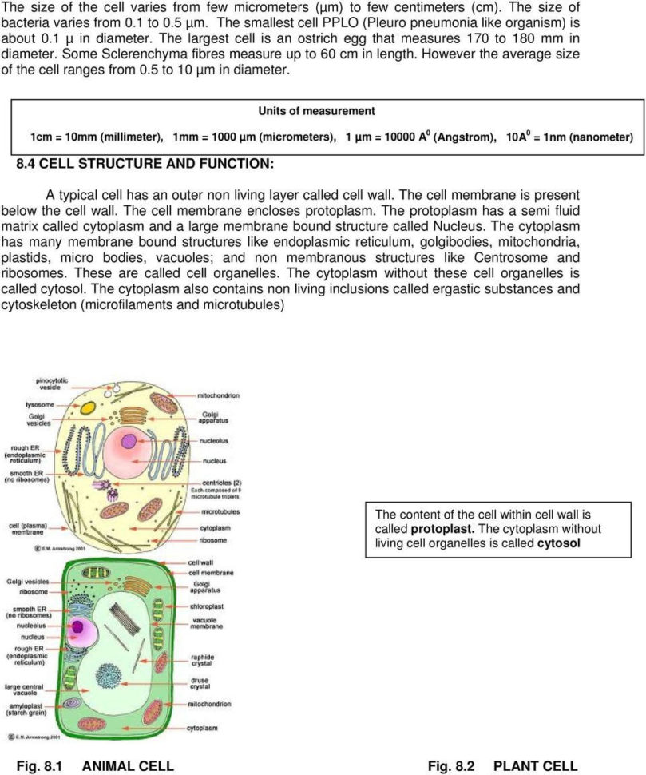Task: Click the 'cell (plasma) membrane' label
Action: click(x=29, y=529)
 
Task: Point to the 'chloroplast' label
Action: click(x=206, y=606)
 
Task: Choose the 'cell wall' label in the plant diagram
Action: click(x=201, y=562)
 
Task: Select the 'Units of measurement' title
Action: click(x=316, y=110)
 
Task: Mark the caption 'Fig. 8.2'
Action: click(x=451, y=766)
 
